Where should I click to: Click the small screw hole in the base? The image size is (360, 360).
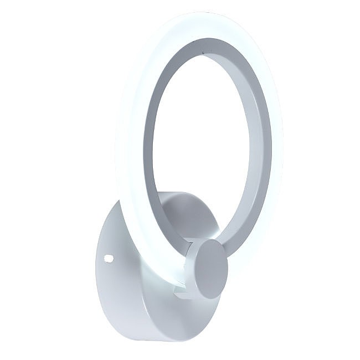coord(109,259)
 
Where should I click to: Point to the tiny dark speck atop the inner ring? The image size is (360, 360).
coord(203,52)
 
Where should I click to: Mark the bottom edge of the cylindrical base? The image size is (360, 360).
coord(166,339)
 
